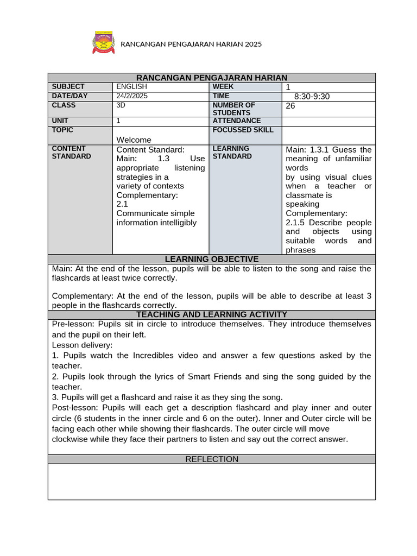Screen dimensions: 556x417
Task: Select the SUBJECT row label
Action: tap(68, 87)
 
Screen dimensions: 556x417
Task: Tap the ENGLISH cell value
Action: tap(131, 87)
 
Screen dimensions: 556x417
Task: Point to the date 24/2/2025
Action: tap(132, 96)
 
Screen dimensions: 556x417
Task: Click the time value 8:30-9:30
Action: tap(312, 97)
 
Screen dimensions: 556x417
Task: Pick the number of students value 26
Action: tap(290, 106)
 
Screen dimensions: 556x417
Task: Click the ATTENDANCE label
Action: tap(237, 121)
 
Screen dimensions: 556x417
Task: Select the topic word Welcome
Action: tap(134, 140)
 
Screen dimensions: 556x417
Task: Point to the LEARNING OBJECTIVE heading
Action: tap(212, 260)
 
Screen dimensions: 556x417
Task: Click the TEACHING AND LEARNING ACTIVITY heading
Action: tap(212, 315)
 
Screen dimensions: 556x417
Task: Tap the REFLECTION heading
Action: tap(212, 459)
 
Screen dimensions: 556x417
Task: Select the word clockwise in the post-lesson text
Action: tap(70, 439)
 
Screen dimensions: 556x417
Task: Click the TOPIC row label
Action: tap(62, 130)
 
